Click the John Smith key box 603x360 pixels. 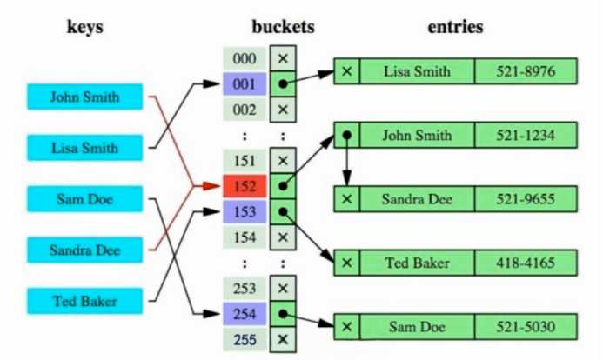pos(84,97)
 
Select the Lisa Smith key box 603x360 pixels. pos(84,148)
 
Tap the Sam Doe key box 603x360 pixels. pos(84,199)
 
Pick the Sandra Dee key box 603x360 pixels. pos(84,250)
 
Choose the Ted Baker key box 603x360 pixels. pos(84,301)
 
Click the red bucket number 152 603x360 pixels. pos(245,186)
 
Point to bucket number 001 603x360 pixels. pos(245,84)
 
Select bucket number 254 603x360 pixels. pos(245,314)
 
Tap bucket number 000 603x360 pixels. pos(245,58)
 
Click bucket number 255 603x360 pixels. pos(245,340)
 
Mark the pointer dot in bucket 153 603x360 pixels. pos(283,211)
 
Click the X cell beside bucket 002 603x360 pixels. pos(283,110)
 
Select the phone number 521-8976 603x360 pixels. pos(526,71)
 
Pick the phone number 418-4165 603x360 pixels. pos(526,263)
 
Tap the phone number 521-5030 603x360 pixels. pos(526,327)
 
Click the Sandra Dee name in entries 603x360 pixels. pos(417,199)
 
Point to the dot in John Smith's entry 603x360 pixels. pos(347,136)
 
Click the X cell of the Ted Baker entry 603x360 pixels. pos(347,263)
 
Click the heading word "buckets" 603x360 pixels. pos(283,26)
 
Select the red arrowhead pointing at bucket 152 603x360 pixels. pos(211,186)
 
